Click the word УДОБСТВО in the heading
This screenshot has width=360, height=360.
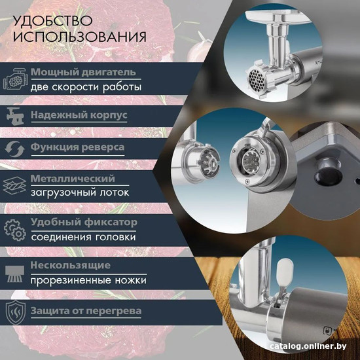[x=53, y=21]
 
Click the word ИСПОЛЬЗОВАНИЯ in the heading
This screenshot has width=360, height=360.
[x=80, y=37]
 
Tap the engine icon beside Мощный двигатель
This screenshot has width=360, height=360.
[x=16, y=79]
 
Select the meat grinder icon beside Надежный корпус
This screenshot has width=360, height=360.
[x=16, y=116]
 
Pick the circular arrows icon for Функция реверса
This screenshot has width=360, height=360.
[x=14, y=149]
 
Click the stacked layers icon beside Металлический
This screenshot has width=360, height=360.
[x=14, y=185]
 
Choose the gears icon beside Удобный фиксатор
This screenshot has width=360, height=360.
[x=14, y=230]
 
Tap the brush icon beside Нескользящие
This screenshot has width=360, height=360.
[x=14, y=274]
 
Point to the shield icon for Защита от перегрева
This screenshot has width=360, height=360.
[x=16, y=312]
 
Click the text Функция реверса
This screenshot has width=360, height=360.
[x=78, y=147]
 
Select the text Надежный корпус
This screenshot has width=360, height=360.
[x=79, y=115]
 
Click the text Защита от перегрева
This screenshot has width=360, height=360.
[x=86, y=311]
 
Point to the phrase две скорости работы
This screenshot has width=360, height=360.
[x=86, y=87]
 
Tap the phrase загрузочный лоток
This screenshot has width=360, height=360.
[x=80, y=192]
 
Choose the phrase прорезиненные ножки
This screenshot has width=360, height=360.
[x=88, y=280]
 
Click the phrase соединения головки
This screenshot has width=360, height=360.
[x=84, y=237]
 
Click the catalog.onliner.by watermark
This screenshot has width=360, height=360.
[x=308, y=346]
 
